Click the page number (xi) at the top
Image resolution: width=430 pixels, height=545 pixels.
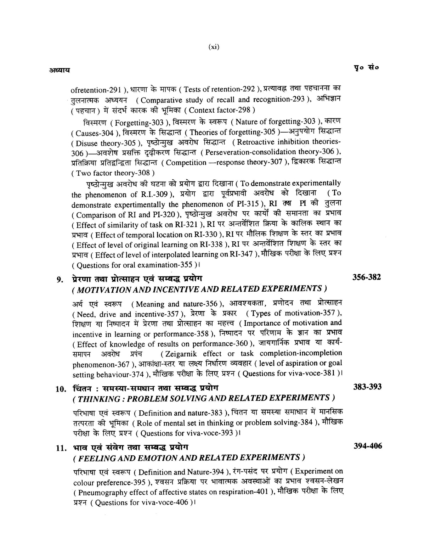pos(214,47)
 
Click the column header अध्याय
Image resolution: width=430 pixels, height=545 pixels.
pos(60,70)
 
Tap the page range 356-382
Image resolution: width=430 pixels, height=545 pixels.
pos(367,277)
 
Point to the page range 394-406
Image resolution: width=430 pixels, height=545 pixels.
pos(368,446)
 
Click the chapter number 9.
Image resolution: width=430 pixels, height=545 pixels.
pos(60,280)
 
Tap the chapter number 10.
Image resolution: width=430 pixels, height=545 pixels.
pos(61,389)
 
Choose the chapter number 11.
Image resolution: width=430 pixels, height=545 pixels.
pos(61,448)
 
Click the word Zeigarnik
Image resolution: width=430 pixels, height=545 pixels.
pos(179,354)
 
